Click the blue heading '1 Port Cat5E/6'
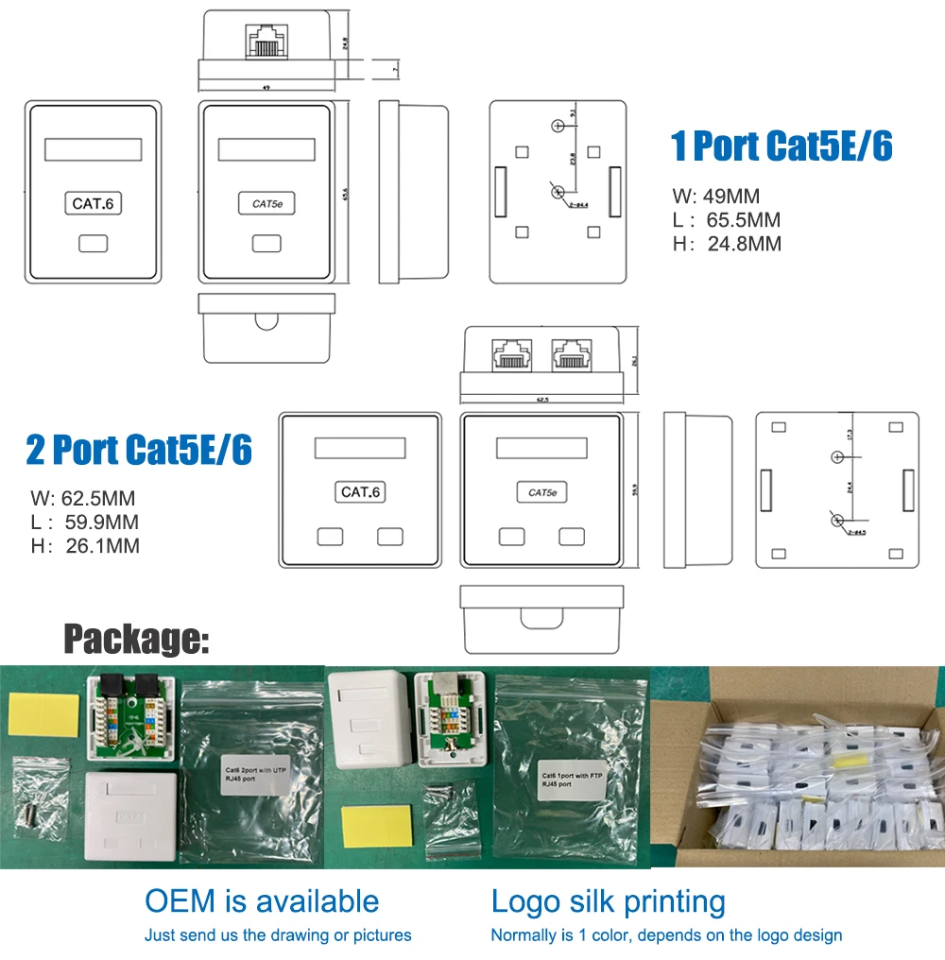point(782,146)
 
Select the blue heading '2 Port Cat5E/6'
point(139,450)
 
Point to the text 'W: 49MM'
point(715,197)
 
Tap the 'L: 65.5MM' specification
point(726,220)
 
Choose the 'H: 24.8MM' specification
point(727,244)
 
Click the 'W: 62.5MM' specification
point(84,498)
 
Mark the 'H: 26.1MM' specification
point(84,545)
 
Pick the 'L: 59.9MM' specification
point(84,522)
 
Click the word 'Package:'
point(136,640)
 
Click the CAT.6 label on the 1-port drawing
point(96,203)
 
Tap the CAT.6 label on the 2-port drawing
point(362,492)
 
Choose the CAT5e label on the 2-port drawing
point(542,492)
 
